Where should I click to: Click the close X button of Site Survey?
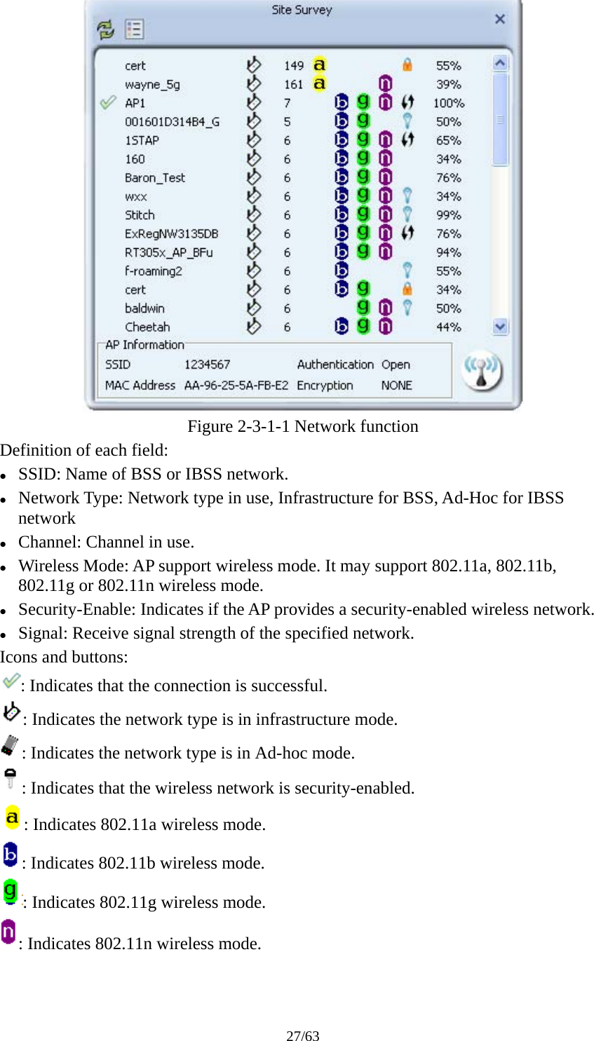point(500,19)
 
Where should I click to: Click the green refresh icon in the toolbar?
point(105,29)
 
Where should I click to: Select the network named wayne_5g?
point(152,85)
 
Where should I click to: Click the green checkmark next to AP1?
point(108,103)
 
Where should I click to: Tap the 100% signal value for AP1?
point(448,103)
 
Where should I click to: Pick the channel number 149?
point(294,66)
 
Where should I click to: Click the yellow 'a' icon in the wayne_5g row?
point(319,84)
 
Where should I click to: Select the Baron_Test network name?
point(155,178)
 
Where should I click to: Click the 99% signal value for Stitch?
point(448,215)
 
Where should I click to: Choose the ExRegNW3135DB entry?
point(171,234)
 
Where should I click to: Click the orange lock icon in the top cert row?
point(407,65)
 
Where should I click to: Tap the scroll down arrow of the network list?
point(500,327)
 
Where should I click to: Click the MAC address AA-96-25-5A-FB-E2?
point(236,386)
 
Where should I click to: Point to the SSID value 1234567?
point(207,365)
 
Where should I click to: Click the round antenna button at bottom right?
point(482,371)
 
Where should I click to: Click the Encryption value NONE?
point(396,386)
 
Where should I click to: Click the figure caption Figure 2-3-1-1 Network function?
point(302,426)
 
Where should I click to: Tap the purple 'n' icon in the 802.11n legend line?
point(8,932)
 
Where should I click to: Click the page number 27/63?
point(302,1035)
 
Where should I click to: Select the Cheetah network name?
point(147,327)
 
